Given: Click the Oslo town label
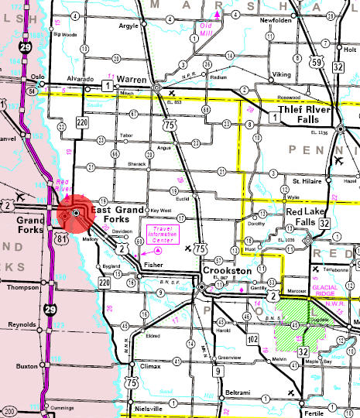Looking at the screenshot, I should click(x=35, y=77).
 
